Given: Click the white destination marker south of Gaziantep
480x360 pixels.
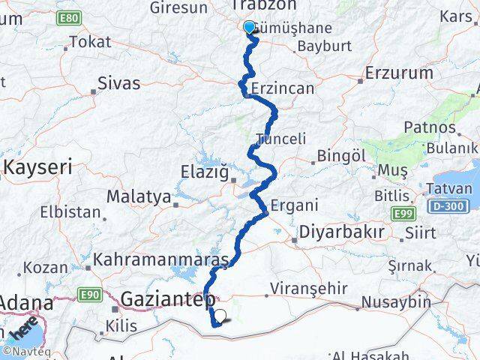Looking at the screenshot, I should tap(220, 316).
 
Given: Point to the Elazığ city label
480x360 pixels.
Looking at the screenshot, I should tap(204, 172).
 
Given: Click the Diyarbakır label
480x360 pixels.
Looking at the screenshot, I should tap(342, 232).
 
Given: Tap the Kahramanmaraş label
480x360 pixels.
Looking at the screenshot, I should tap(161, 260).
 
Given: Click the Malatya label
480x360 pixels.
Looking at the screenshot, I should tap(138, 196).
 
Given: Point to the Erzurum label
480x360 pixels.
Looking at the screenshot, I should tap(399, 73).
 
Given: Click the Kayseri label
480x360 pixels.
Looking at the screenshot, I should tap(37, 166).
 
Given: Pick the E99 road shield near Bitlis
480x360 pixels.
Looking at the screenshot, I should tap(403, 214).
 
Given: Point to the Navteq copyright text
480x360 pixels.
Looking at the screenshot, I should tap(25, 350).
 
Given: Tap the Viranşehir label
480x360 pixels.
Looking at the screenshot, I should tap(309, 288).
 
